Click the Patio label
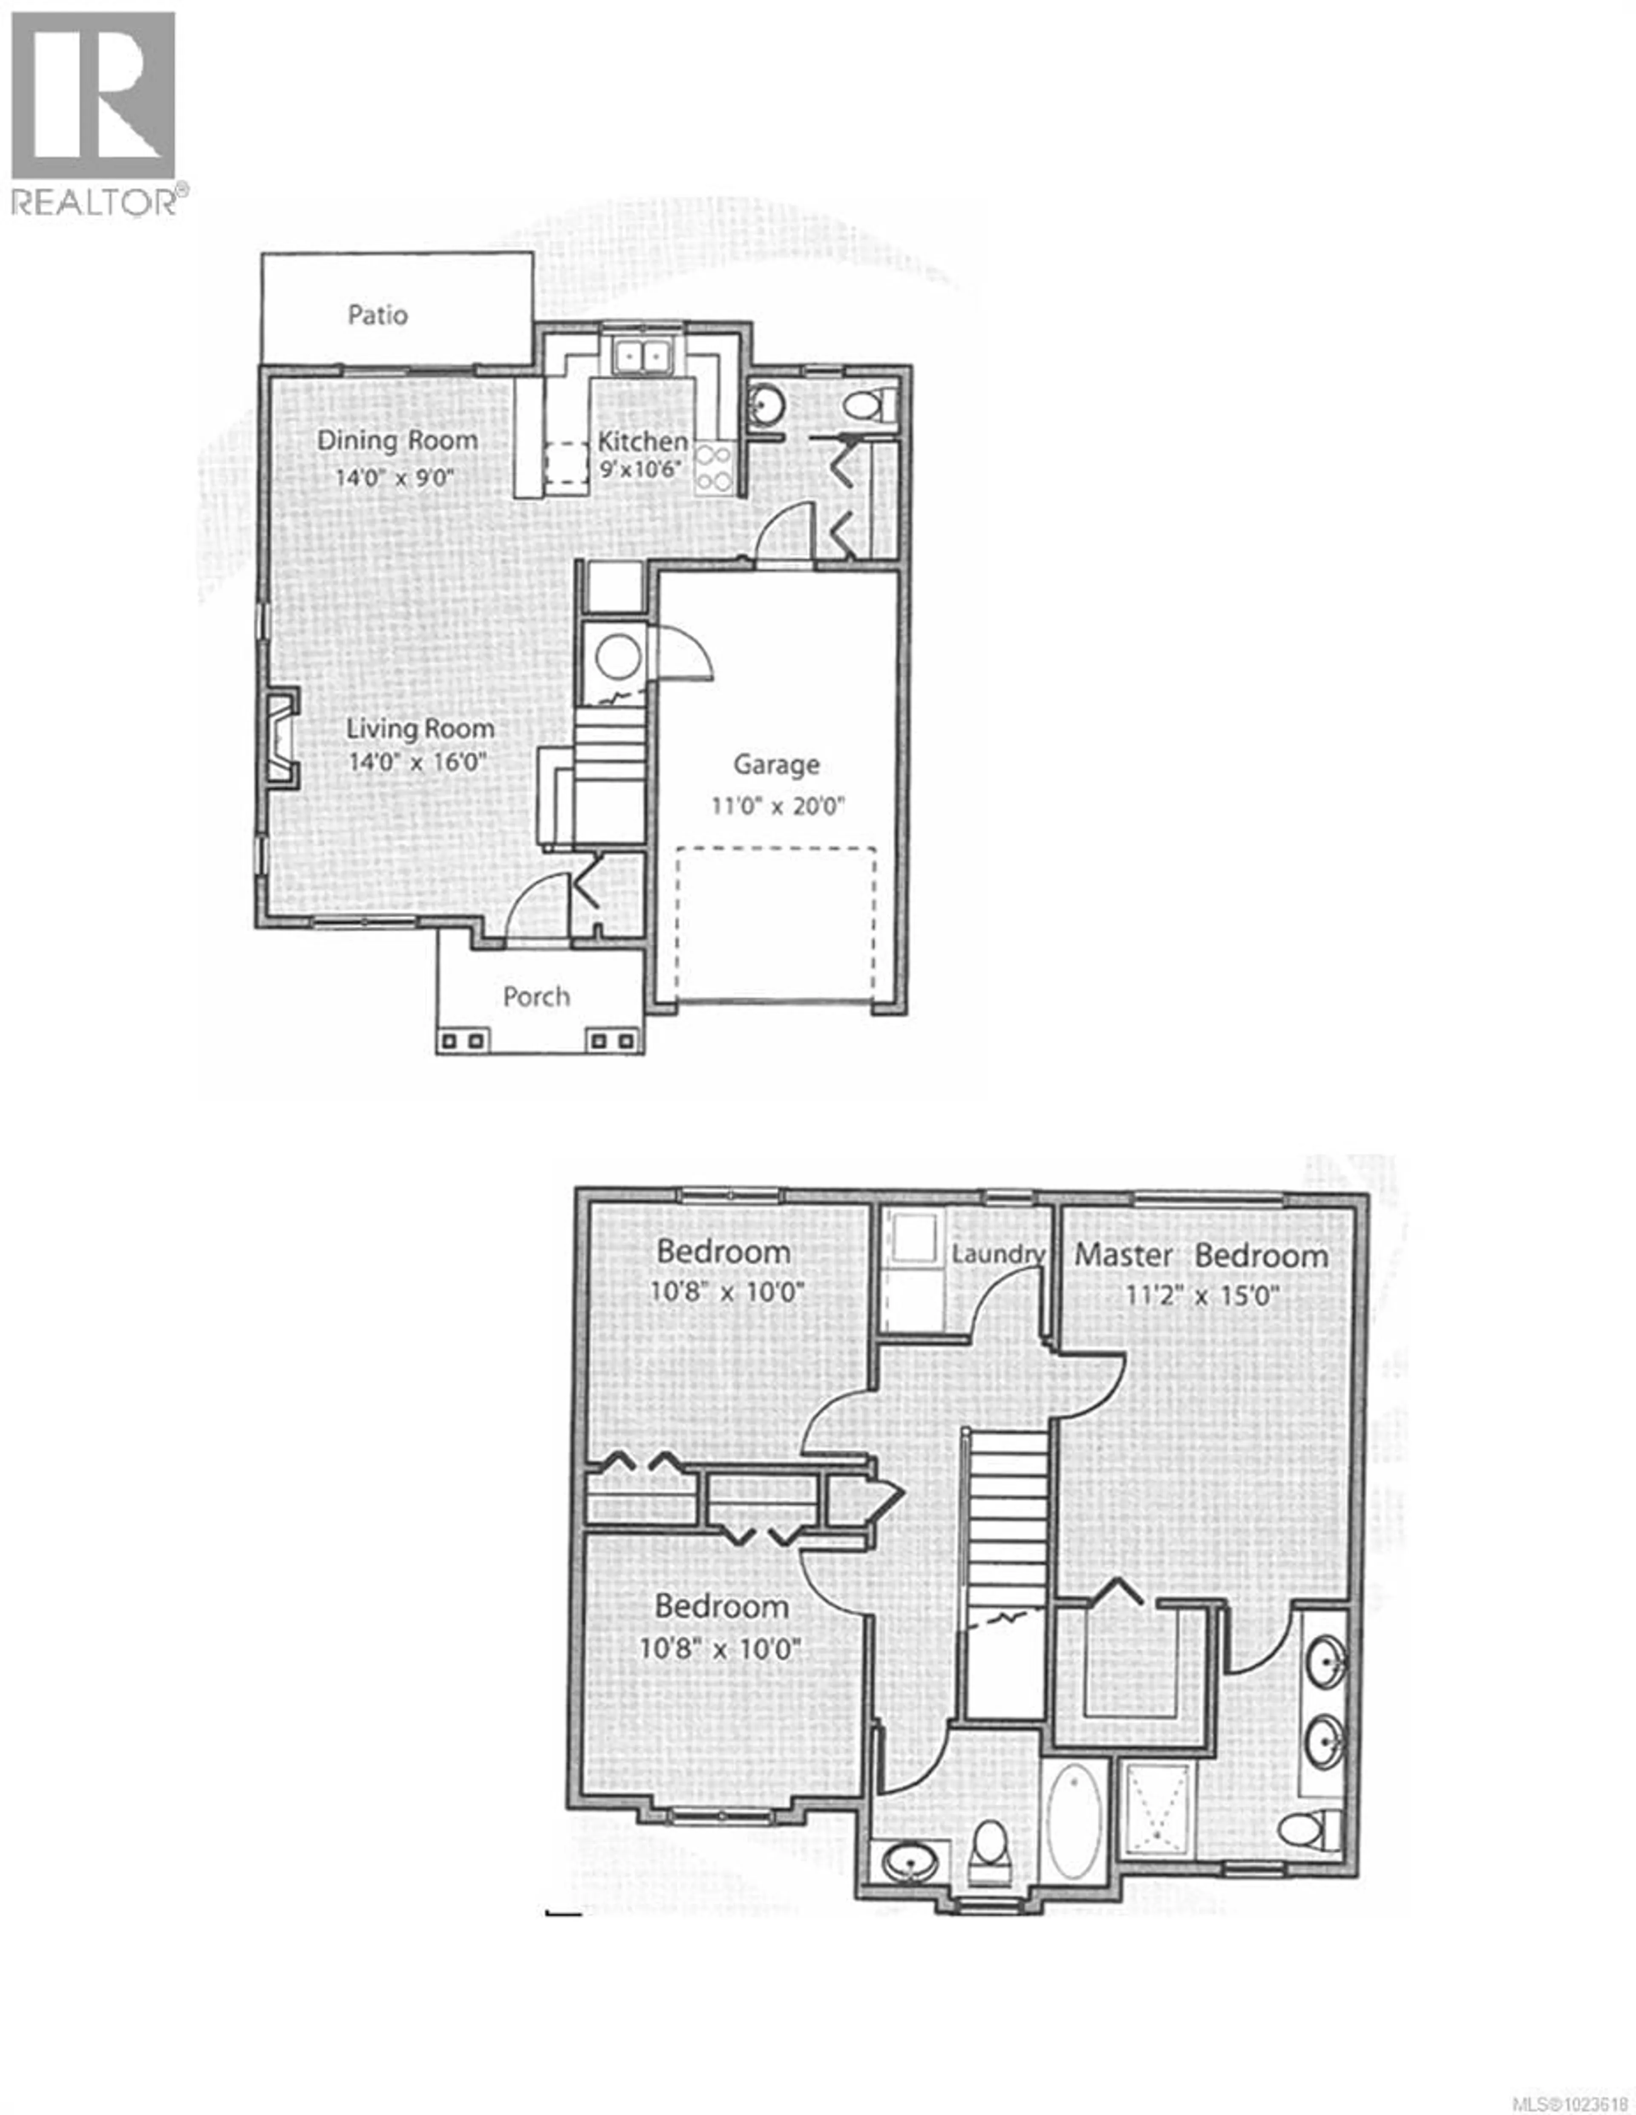[x=378, y=315]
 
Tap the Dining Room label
[x=397, y=441]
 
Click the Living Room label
[x=421, y=728]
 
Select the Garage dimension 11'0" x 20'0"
[x=778, y=806]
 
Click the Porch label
[x=537, y=997]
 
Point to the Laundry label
[x=997, y=1254]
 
